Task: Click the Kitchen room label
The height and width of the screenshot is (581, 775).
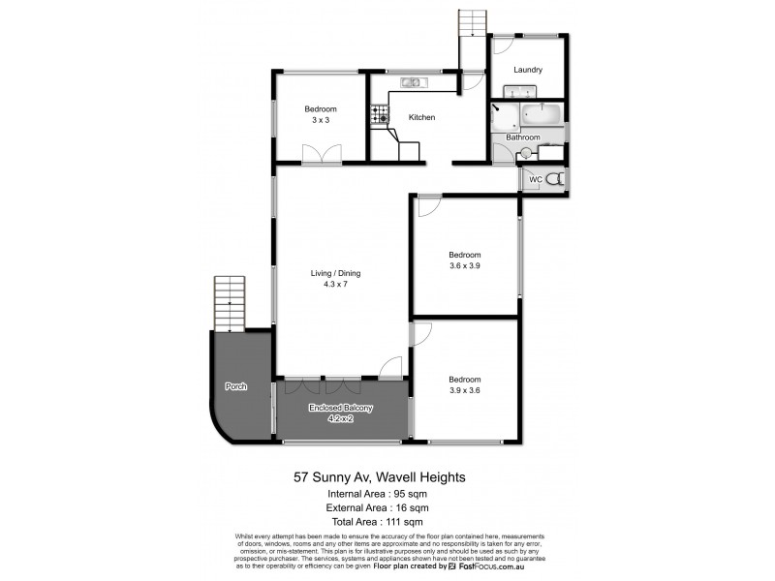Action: [421, 117]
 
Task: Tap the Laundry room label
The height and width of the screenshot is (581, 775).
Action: [527, 70]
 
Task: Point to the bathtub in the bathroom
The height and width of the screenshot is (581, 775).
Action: [541, 116]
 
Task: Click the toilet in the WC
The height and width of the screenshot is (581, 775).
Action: [553, 179]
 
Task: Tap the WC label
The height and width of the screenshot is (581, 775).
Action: [534, 179]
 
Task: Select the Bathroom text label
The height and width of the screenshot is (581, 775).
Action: [523, 138]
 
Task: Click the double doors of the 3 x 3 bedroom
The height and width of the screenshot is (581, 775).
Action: [322, 154]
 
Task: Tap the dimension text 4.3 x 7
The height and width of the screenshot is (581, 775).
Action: [328, 285]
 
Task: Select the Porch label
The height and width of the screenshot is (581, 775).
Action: [235, 386]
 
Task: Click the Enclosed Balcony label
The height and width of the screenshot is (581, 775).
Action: [340, 407]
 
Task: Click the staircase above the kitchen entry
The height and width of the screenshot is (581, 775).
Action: [471, 23]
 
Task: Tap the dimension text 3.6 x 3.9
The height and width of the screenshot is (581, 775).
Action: [464, 266]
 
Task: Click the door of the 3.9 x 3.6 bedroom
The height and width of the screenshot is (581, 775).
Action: [421, 335]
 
